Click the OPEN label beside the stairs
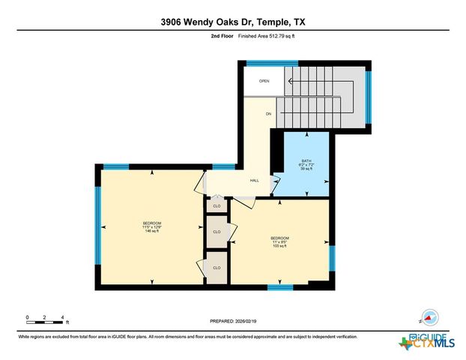click(264, 81)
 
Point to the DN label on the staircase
click(267, 114)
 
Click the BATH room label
click(306, 160)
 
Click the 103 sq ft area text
click(279, 246)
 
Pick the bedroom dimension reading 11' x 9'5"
click(279, 241)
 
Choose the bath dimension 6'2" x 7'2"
click(306, 165)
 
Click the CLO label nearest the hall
click(217, 204)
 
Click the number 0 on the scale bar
click(27, 318)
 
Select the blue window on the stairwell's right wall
click(368, 96)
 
